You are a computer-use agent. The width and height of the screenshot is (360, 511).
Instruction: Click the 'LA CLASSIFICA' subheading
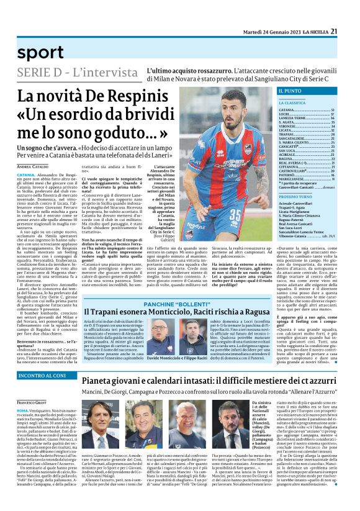(x=292, y=102)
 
